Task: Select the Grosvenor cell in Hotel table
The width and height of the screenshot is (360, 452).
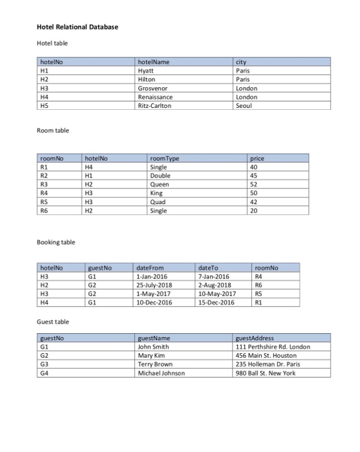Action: coord(154,88)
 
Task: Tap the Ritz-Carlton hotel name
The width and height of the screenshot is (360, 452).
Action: coord(156,106)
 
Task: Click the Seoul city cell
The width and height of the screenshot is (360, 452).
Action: coord(244,106)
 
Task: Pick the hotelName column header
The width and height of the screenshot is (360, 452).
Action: coord(154,61)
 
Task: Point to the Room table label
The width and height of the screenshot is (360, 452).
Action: coord(53,130)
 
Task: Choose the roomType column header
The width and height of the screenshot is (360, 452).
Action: coord(164,157)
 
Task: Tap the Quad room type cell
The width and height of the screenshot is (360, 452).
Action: coord(158,201)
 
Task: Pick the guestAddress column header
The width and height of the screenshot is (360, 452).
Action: coord(255,337)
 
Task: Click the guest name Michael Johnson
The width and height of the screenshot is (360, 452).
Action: coord(162,373)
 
